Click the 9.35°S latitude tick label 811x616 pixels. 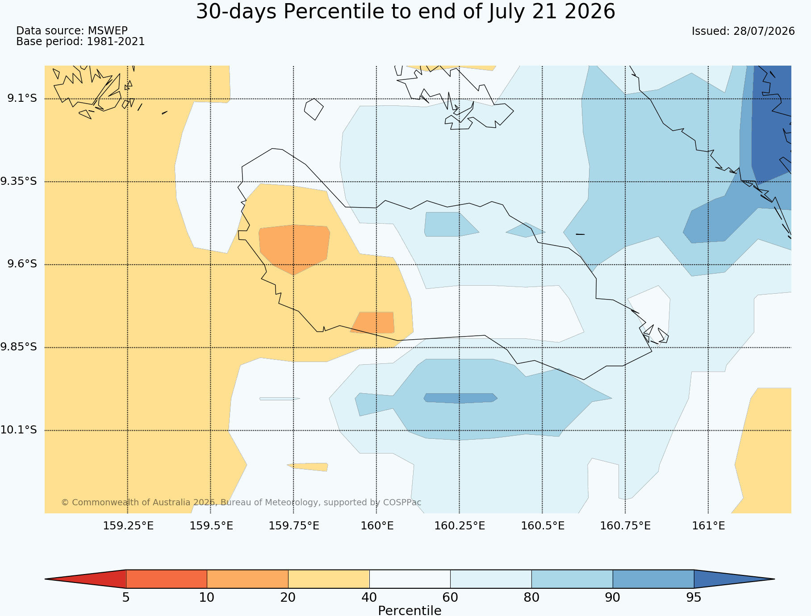[18, 181]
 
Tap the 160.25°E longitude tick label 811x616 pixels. [460, 525]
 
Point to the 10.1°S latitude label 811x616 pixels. [18, 430]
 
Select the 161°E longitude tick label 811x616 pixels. [708, 525]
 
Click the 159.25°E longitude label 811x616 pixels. [128, 525]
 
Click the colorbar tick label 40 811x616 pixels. [369, 597]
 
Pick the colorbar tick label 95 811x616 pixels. [694, 597]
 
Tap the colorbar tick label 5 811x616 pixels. [126, 597]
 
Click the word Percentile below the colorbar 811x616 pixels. [410, 610]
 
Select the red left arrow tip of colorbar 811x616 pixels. [45, 579]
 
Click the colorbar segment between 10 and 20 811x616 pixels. [247, 579]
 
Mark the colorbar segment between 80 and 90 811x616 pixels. [572, 579]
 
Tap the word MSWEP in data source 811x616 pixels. [108, 31]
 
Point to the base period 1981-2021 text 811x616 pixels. [116, 42]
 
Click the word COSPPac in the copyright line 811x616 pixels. [402, 502]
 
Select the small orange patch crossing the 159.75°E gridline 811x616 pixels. [294, 248]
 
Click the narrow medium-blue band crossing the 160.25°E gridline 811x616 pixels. [460, 398]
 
